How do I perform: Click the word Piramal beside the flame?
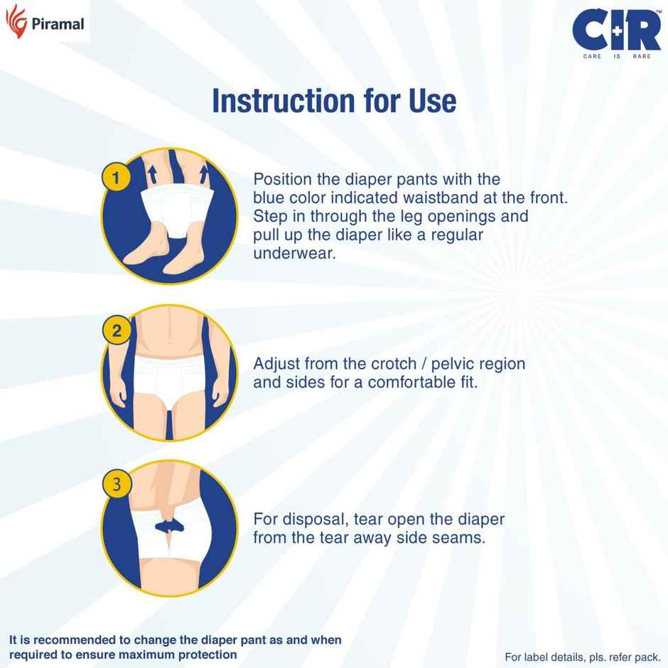coord(58,24)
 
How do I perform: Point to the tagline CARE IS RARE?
coord(616,55)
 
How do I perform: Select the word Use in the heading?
coord(430,101)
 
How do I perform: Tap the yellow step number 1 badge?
coord(117,177)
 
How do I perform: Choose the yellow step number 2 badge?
coord(117,330)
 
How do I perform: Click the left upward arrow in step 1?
coord(151,173)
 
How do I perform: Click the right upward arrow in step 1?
coord(205,173)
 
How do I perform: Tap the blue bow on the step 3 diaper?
coord(169,525)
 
